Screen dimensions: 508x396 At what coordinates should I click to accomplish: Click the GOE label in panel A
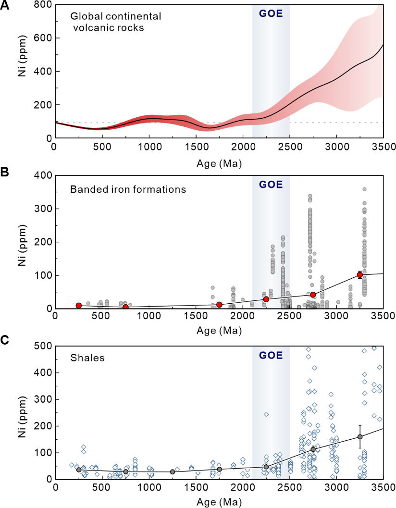coord(271,13)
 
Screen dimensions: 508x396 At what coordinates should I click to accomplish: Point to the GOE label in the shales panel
coord(271,356)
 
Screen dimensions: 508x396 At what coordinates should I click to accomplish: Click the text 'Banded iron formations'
coord(128,189)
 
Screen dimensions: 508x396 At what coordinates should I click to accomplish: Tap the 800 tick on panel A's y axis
coord(43,5)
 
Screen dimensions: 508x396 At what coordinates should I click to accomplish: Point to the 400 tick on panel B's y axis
coord(43,175)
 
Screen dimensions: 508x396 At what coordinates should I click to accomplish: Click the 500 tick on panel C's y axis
coord(43,346)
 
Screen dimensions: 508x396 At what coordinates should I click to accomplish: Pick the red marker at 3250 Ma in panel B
coord(359,275)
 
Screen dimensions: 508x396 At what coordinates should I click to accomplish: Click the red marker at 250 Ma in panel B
coord(79,306)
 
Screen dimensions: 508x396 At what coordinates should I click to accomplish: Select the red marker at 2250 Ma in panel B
coord(266,299)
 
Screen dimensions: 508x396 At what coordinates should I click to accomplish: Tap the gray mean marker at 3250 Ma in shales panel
coord(359,437)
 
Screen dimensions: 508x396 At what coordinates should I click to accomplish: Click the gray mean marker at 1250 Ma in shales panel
coord(173,472)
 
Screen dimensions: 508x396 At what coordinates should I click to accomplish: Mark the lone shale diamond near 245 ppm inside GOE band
coord(266,414)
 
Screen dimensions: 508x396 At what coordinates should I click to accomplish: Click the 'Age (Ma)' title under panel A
coord(219,163)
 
